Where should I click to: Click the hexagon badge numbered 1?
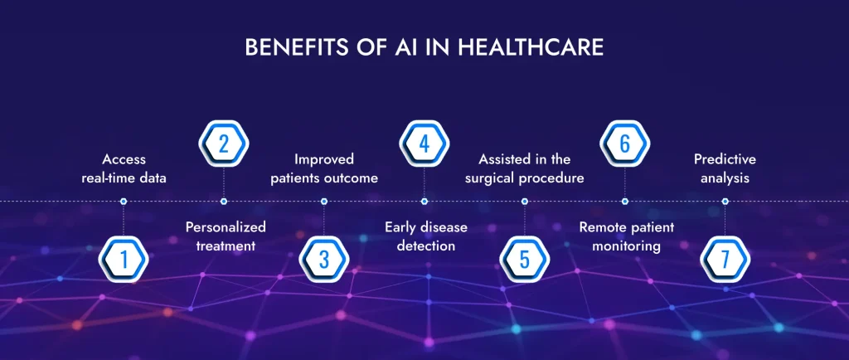[x=124, y=260]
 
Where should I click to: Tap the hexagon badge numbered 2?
[x=224, y=144]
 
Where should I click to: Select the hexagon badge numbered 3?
[x=324, y=260]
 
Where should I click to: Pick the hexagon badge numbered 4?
[x=424, y=144]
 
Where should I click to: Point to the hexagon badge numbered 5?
[x=525, y=260]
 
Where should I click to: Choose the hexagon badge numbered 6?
[x=625, y=144]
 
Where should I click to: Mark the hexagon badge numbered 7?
[x=725, y=260]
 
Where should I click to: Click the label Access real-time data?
[x=124, y=168]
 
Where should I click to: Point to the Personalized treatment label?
[x=226, y=236]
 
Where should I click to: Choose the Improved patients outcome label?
[x=324, y=168]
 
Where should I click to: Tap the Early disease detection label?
[x=426, y=236]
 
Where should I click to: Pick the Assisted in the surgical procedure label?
[x=525, y=168]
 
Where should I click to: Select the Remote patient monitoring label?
[x=627, y=236]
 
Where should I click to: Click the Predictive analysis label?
[x=725, y=168]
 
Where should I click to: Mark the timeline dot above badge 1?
[x=124, y=201]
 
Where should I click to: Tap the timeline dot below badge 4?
[x=424, y=201]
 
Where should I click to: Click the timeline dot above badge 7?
[x=725, y=201]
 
